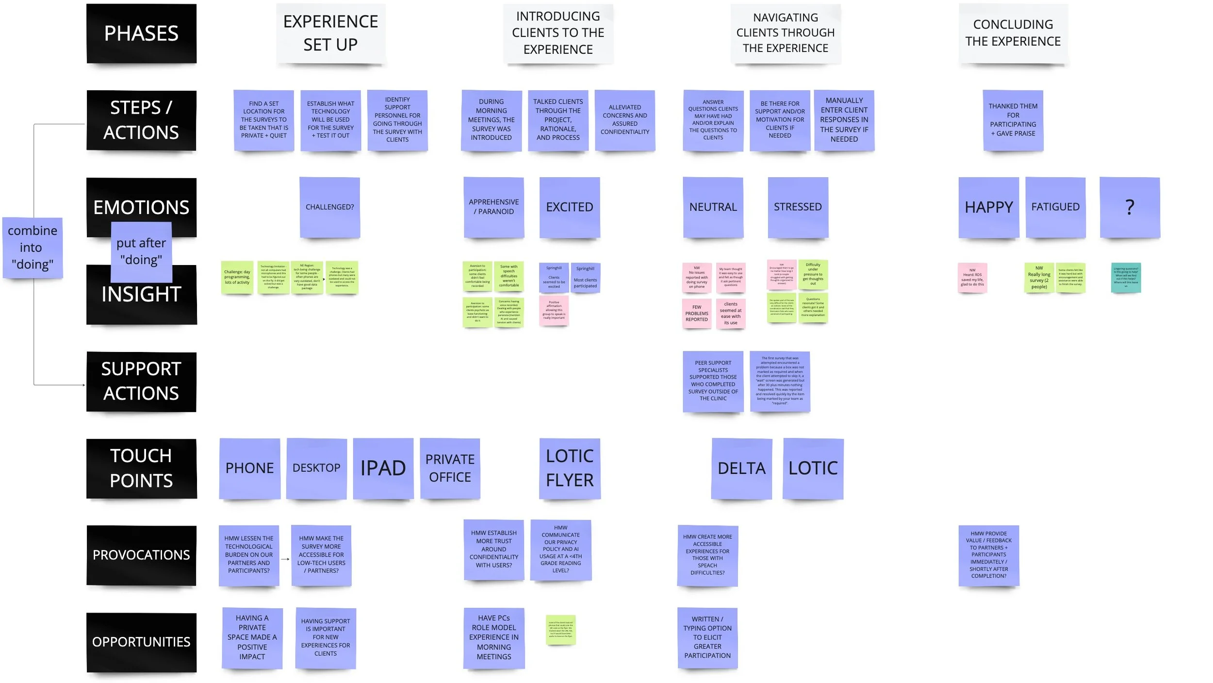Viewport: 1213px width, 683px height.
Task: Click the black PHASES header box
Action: (x=141, y=33)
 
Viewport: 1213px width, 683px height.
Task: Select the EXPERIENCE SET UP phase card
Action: (x=330, y=33)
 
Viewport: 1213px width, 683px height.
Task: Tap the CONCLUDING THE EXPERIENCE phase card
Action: (x=1013, y=33)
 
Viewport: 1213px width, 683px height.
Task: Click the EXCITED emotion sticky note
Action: (x=570, y=207)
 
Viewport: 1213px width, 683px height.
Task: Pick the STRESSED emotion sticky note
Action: (x=798, y=207)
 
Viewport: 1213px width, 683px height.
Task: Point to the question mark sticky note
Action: (x=1130, y=207)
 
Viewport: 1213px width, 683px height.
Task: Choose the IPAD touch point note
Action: (x=383, y=468)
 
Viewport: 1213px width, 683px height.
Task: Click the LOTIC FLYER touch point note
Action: (x=570, y=468)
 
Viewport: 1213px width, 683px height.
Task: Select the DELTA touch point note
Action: (x=741, y=468)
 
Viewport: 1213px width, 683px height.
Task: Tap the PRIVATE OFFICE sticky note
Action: (x=450, y=468)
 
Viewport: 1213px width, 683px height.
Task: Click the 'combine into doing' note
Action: (x=33, y=248)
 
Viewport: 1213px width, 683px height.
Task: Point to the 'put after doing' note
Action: (x=141, y=251)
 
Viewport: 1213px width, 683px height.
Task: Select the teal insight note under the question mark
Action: (x=1126, y=278)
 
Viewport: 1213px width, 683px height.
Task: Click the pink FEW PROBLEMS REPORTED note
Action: (x=697, y=314)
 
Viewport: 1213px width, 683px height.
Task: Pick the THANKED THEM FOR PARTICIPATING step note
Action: (x=1013, y=120)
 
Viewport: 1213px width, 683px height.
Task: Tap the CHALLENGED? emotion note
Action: (x=329, y=207)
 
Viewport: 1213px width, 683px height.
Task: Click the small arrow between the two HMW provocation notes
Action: (x=285, y=559)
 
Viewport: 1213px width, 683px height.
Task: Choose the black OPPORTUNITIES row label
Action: (x=141, y=642)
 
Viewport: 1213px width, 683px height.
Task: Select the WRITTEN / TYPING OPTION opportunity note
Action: (x=707, y=638)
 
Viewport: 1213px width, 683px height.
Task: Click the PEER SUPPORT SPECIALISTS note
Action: (x=713, y=381)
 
